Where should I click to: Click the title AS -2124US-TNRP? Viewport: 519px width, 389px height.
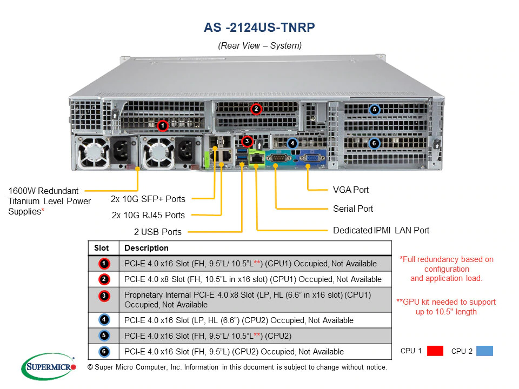(x=259, y=28)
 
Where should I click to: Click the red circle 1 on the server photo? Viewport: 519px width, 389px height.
(x=162, y=126)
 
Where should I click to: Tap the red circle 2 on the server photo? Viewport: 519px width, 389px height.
(x=256, y=109)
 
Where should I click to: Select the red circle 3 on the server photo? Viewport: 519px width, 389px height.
(x=247, y=142)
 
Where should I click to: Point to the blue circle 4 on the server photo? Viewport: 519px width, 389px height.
(x=292, y=143)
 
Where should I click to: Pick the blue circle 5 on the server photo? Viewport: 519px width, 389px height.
(x=374, y=110)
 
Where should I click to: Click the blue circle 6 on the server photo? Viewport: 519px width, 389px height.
(x=374, y=144)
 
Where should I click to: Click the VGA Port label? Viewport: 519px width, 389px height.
(x=351, y=190)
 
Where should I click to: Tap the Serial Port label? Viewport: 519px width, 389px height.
(x=353, y=209)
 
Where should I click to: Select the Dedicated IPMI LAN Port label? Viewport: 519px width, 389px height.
(x=381, y=230)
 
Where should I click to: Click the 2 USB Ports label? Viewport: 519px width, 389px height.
(x=158, y=232)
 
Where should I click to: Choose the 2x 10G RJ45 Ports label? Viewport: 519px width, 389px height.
(x=148, y=215)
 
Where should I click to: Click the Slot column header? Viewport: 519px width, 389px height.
(x=102, y=248)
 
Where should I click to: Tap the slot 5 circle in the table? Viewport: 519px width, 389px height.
(x=104, y=336)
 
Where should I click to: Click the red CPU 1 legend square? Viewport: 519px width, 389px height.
(x=435, y=351)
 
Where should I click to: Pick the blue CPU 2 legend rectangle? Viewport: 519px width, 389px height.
(x=484, y=351)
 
